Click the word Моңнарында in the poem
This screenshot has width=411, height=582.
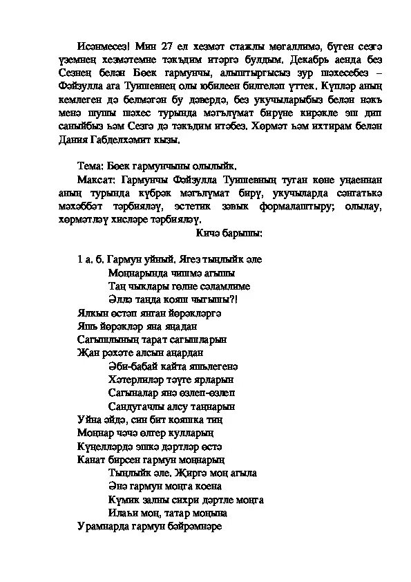(135, 272)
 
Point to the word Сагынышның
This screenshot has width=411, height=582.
(106, 339)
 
